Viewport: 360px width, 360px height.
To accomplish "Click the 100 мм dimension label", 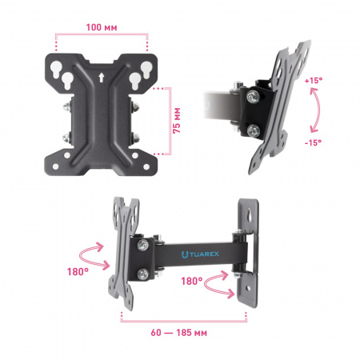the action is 102,27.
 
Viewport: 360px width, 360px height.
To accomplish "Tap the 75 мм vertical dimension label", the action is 177,121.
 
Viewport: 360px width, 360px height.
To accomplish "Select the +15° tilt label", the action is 314,80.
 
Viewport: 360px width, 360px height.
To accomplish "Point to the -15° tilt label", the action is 313,142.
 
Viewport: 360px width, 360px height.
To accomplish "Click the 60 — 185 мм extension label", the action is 178,333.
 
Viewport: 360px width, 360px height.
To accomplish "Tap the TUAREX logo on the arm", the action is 200,254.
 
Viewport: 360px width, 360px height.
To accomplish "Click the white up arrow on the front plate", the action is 101,78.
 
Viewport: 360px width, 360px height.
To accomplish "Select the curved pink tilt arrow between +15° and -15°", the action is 318,110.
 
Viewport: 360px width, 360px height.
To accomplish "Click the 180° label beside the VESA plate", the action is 78,272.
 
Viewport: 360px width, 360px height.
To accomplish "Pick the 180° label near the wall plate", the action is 192,281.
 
